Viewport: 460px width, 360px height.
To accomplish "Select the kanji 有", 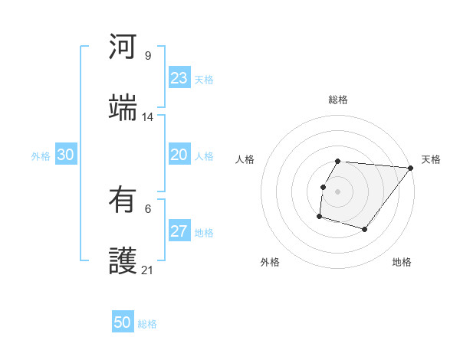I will (x=123, y=201).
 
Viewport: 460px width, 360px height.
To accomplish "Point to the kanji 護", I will (x=123, y=262).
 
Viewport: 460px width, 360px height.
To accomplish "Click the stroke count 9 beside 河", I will (x=148, y=55).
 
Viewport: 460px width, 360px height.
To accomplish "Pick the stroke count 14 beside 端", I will (x=148, y=117).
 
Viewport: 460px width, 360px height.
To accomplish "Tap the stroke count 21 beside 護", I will (x=148, y=270).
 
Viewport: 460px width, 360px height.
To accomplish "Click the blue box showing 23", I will (x=179, y=79).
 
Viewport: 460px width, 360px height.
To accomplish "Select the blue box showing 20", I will (x=179, y=155).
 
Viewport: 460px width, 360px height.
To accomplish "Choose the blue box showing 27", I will (x=179, y=231).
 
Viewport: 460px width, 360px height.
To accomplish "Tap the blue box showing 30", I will (x=66, y=155).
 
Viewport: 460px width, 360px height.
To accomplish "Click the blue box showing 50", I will (x=123, y=322).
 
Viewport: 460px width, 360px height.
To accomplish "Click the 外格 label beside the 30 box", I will (x=41, y=155).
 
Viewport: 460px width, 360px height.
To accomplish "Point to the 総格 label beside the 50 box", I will (x=147, y=323).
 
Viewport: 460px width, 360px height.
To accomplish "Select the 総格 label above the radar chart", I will (x=338, y=100).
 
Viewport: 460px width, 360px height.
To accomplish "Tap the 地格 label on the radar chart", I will (x=402, y=262).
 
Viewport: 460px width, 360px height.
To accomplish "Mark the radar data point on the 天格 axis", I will (x=411, y=168).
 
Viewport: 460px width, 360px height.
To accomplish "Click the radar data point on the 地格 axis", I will (x=365, y=229).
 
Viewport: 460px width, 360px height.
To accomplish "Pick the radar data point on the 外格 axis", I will (x=319, y=217).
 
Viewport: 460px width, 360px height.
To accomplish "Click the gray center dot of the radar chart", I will (x=338, y=191).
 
